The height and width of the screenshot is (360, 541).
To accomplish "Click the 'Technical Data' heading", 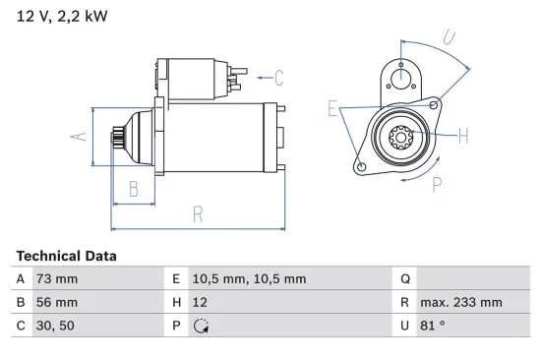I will pos(66,256).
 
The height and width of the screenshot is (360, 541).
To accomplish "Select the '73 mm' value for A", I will pos(56,279).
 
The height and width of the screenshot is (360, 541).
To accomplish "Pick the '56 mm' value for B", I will pos(56,303).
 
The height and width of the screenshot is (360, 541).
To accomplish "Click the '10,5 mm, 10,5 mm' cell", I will pos(250,279).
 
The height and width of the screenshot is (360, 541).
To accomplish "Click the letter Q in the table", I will pos(403,279).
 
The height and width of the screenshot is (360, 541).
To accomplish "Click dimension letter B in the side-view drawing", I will pos(134,189).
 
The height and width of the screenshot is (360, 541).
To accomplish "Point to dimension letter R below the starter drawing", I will pos(197,212).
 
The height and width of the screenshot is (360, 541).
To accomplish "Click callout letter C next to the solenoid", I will pos(278,76).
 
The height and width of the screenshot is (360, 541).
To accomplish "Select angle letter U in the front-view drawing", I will pos(448,38).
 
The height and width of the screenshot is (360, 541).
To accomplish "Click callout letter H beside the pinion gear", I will pos(463,135).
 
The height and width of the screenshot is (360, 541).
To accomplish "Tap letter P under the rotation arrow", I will pos(436,184).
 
